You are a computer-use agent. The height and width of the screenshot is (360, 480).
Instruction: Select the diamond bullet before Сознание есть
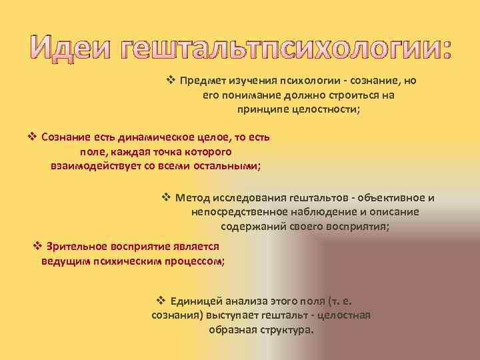pyautogui.click(x=31, y=137)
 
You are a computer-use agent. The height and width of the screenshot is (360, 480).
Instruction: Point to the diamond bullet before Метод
pyautogui.click(x=167, y=198)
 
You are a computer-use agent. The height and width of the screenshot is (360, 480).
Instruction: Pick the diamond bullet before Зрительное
pyautogui.click(x=38, y=246)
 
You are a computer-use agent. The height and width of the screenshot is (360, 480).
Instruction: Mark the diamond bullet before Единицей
pyautogui.click(x=160, y=301)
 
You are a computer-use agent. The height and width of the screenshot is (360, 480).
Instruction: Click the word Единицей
pyautogui.click(x=195, y=301)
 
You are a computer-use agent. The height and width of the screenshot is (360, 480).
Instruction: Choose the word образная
pyautogui.click(x=230, y=330)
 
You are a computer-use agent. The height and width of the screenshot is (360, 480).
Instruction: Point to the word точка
pyautogui.click(x=158, y=152)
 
